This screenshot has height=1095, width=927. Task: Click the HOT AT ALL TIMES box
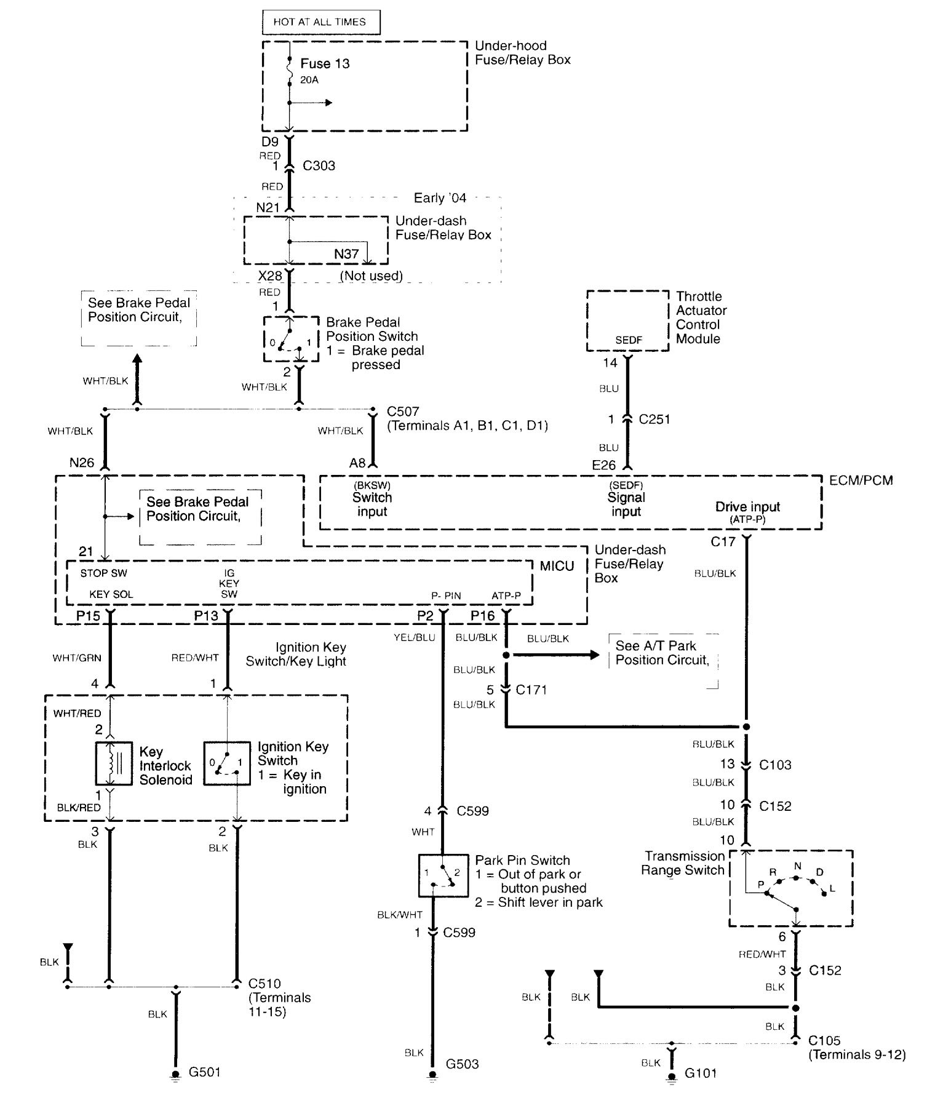(x=320, y=22)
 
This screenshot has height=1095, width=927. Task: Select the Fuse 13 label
(x=325, y=63)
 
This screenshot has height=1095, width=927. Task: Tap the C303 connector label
(x=319, y=165)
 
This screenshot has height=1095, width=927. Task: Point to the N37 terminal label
(x=346, y=253)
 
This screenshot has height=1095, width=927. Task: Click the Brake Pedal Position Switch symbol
(x=291, y=340)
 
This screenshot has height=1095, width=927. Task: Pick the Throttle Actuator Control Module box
(x=627, y=321)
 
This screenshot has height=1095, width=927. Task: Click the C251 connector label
(x=654, y=419)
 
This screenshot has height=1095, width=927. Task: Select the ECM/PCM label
(x=861, y=480)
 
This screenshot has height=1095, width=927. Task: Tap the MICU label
(x=557, y=565)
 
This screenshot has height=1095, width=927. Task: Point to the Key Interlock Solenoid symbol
(x=114, y=763)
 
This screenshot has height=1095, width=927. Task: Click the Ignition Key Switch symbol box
(x=227, y=763)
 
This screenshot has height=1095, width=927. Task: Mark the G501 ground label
(x=204, y=1072)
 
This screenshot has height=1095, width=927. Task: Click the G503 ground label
(x=462, y=1064)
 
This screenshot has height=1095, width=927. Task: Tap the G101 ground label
(x=701, y=1073)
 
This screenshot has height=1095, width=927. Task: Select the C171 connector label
(x=531, y=690)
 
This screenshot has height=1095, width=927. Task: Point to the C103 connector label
(x=775, y=765)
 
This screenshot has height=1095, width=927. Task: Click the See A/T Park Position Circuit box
(x=663, y=660)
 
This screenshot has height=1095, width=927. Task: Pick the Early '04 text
(x=440, y=198)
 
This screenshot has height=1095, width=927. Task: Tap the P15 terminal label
(x=88, y=615)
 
